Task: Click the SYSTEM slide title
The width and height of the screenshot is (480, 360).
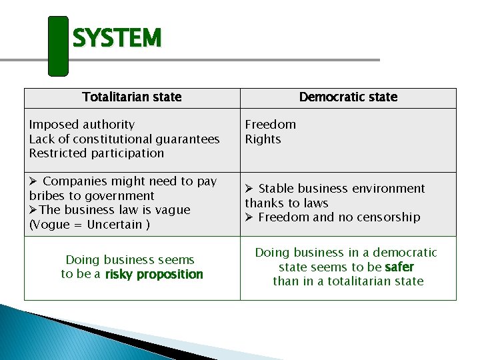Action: [117, 39]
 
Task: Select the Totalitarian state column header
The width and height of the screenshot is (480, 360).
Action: [132, 97]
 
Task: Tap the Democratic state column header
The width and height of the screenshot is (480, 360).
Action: [348, 97]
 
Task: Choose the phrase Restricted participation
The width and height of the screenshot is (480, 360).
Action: [96, 153]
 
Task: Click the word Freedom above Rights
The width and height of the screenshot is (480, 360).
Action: [270, 125]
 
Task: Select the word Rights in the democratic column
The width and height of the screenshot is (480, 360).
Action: [263, 139]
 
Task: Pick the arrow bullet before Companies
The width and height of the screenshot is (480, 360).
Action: [33, 181]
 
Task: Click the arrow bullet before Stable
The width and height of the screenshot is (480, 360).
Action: [249, 189]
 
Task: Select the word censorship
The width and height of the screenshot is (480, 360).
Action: [388, 217]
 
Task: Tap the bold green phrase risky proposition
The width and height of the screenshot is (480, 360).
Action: [154, 275]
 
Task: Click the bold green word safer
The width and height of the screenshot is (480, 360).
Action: [399, 267]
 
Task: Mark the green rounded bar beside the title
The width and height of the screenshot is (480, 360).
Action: [59, 45]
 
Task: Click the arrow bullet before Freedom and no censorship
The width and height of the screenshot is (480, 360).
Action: [249, 217]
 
